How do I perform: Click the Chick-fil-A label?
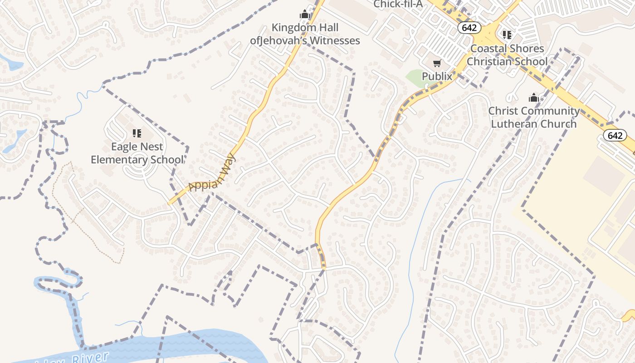398,4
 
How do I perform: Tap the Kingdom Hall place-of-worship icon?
305,15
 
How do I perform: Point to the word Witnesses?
333,40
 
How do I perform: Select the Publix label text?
437,76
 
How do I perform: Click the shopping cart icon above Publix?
437,64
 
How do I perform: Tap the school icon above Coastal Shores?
507,35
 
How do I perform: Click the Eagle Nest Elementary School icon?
137,133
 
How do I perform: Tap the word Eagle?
125,147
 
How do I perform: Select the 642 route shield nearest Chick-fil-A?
469,28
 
